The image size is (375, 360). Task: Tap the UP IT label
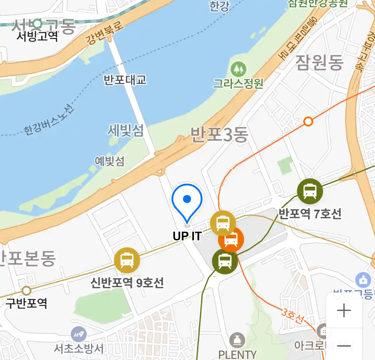187,236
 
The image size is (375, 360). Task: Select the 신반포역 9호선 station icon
127,260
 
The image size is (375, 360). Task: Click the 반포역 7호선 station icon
310,191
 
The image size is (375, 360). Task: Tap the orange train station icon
231,239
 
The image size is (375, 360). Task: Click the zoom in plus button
344,311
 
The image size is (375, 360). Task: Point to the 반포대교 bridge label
125,80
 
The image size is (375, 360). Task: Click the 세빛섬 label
125,130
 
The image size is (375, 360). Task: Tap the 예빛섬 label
109,161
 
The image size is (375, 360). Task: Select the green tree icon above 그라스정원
238,69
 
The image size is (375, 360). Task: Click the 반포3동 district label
219,135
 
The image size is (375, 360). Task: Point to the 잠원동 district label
319,63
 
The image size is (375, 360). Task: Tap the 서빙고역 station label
37,36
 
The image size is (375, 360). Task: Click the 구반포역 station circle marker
26,291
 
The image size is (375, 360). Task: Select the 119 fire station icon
79,334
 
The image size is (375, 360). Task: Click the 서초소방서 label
79,349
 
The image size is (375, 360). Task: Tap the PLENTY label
237,355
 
